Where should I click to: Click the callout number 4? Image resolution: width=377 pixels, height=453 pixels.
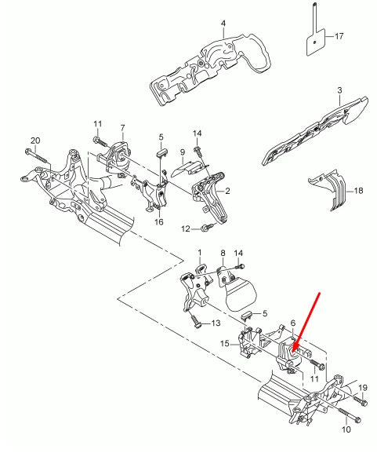tap(223, 24)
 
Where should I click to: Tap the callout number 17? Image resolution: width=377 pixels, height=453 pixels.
tap(339, 36)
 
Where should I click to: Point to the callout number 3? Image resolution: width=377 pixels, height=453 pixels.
tap(339, 91)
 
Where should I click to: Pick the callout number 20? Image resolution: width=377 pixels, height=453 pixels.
tap(34, 141)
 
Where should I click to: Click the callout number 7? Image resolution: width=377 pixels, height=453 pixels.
tap(122, 127)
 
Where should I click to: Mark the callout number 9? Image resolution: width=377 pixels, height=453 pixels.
tap(181, 152)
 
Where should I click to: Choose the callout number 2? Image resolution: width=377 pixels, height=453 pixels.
tap(227, 191)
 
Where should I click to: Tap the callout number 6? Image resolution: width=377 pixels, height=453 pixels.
tap(292, 323)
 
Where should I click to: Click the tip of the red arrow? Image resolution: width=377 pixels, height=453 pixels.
tap(293, 349)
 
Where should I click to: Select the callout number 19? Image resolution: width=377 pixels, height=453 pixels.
tap(362, 388)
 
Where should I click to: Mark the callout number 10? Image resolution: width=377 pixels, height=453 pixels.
tap(346, 430)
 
